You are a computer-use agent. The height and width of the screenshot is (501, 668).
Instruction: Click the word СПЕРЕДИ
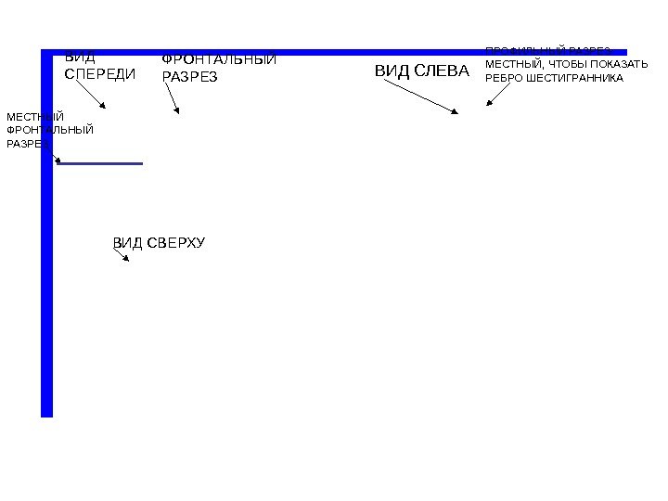point(99,74)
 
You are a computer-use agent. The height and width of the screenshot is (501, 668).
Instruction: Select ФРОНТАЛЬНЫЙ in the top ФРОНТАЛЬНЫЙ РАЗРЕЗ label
point(219,60)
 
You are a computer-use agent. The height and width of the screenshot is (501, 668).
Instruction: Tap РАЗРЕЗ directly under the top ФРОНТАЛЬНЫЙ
point(189,78)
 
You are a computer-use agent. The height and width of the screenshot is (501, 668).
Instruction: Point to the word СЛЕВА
point(441,71)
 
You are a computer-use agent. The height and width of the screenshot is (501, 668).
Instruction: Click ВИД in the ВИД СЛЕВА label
point(390,71)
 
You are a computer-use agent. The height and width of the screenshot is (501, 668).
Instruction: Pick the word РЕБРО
point(505,78)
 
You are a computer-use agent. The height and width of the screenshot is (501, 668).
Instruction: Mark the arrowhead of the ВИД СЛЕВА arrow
point(455,111)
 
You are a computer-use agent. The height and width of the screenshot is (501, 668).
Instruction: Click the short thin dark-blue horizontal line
point(100,163)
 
